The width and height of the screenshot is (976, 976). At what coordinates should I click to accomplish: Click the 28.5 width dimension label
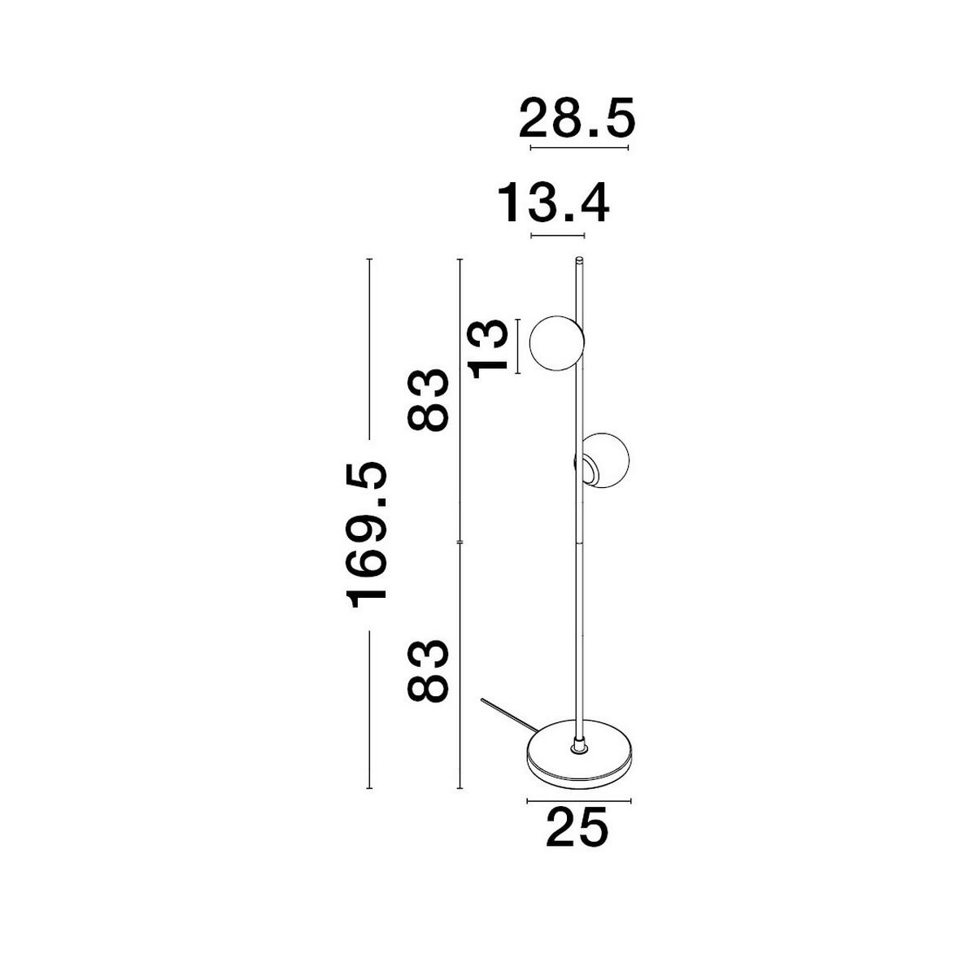pyautogui.click(x=577, y=119)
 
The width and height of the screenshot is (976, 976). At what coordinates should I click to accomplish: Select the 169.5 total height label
pyautogui.click(x=367, y=535)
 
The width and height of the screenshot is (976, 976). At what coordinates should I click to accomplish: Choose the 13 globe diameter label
pyautogui.click(x=489, y=350)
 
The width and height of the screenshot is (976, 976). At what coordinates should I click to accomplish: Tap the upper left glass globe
pyautogui.click(x=556, y=343)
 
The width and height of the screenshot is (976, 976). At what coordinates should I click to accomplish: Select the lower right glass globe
pyautogui.click(x=604, y=460)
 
